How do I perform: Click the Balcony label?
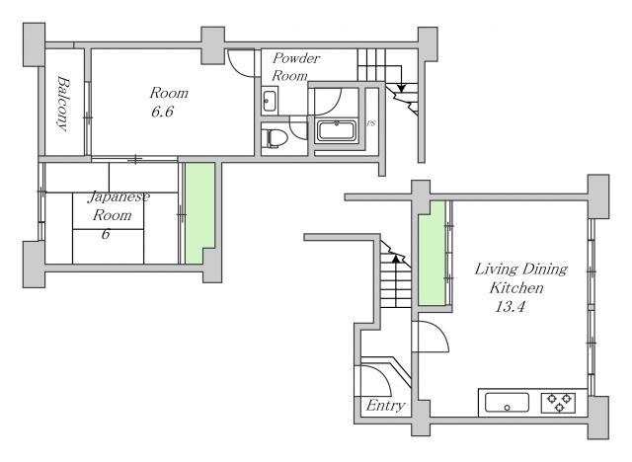click(63, 104)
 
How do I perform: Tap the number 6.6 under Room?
click(162, 112)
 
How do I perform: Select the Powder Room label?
click(295, 67)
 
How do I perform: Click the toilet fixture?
click(274, 138)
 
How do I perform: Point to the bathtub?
click(337, 130)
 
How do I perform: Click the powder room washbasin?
click(269, 101)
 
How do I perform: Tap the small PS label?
click(371, 123)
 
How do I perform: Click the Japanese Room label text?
click(117, 205)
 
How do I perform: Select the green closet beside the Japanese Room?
click(199, 212)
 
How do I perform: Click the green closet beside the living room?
click(432, 253)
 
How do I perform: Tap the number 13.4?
click(510, 307)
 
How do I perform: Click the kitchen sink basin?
click(507, 403)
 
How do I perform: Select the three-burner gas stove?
click(558, 403)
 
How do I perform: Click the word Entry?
click(385, 405)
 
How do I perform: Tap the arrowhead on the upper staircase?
click(401, 88)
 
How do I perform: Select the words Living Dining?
click(520, 269)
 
